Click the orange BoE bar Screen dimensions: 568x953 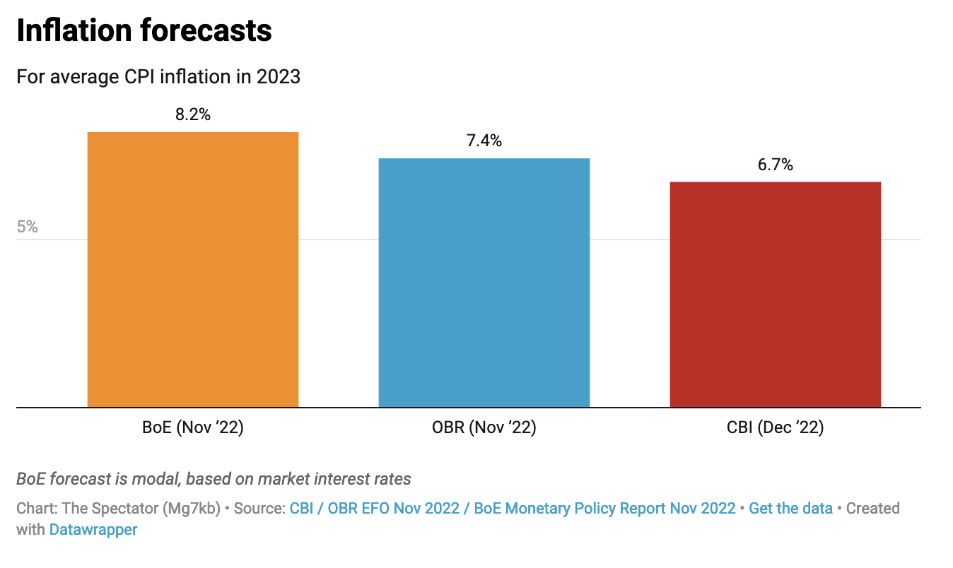click(x=192, y=269)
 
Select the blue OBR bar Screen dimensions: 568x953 click(x=484, y=283)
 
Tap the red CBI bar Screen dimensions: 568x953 click(x=775, y=294)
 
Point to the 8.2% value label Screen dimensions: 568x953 click(x=193, y=114)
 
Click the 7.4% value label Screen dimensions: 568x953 click(x=484, y=141)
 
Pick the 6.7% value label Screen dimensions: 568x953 click(x=776, y=165)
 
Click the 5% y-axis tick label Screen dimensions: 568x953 click(x=28, y=227)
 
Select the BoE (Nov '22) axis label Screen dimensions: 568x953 click(x=193, y=428)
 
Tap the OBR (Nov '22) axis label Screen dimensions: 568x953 click(x=484, y=428)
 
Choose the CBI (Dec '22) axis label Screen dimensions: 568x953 click(x=776, y=428)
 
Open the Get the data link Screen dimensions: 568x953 click(x=790, y=509)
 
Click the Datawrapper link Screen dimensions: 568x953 click(x=93, y=530)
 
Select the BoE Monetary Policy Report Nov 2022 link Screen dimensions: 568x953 click(x=604, y=509)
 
